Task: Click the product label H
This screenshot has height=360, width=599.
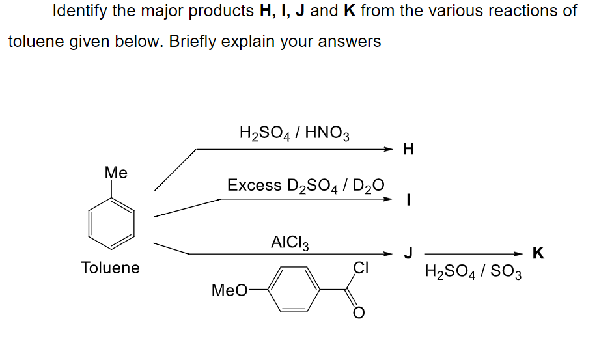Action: point(408,150)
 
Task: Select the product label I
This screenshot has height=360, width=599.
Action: point(408,201)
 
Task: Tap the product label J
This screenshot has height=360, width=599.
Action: point(408,253)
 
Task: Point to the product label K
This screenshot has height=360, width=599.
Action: point(538,253)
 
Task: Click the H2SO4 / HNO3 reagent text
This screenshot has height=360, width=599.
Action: point(295,133)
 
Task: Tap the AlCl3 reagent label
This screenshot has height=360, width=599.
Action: point(290,243)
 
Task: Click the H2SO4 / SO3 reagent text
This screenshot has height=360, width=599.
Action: point(473,270)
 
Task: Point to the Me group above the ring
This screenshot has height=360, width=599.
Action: point(116,173)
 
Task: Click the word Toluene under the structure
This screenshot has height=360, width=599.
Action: point(110,268)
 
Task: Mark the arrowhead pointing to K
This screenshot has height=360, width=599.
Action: point(519,254)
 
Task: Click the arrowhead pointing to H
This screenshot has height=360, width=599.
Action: point(389,150)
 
